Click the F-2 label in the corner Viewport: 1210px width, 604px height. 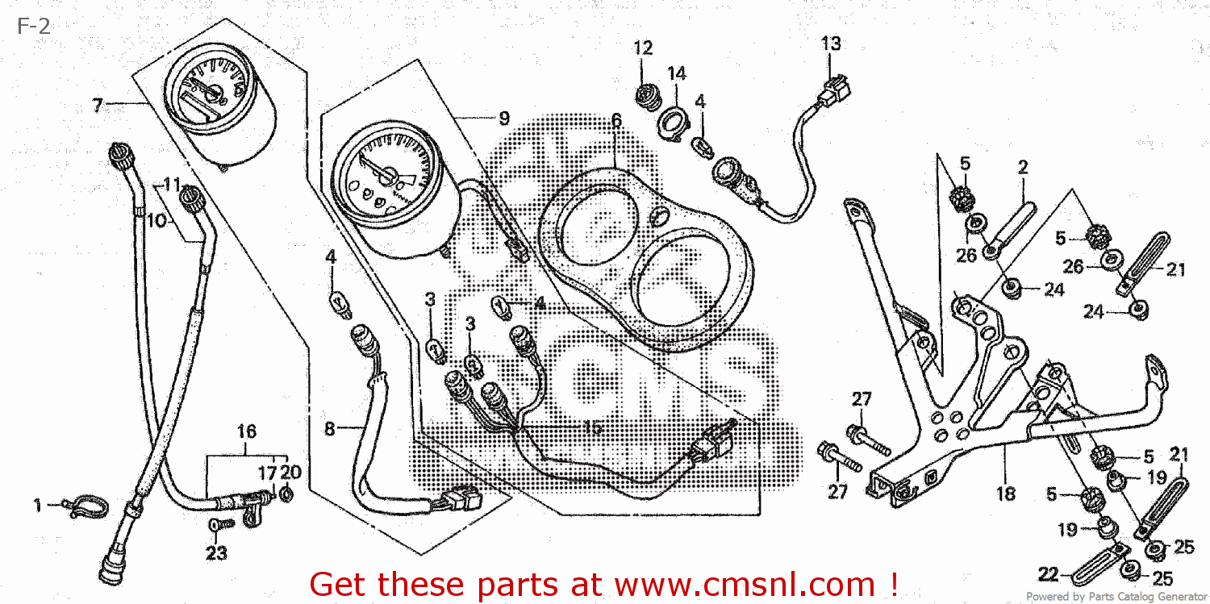[x=32, y=27]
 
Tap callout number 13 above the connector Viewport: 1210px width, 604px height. [x=831, y=44]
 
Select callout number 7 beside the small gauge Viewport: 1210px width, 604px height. [x=98, y=105]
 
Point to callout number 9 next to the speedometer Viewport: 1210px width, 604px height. [x=503, y=119]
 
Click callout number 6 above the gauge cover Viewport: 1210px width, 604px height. [x=615, y=121]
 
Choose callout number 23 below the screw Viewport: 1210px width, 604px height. [x=215, y=553]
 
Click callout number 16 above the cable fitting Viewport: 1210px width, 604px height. [x=247, y=431]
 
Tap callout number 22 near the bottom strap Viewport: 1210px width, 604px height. [x=1047, y=575]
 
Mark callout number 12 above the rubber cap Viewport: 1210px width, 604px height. [x=642, y=48]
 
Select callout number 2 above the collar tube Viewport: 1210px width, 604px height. [x=1023, y=168]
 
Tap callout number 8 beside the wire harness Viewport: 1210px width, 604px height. [x=329, y=429]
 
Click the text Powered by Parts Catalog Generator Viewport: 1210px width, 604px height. [x=1116, y=597]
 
